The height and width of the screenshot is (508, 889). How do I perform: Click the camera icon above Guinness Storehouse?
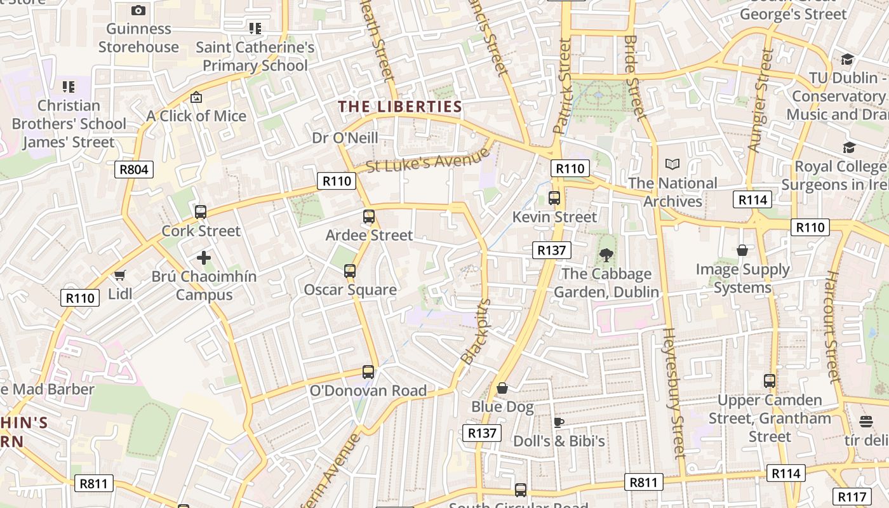tap(138, 10)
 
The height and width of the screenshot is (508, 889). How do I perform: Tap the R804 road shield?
tap(134, 169)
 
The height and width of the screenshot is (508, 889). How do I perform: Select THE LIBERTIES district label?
tap(400, 107)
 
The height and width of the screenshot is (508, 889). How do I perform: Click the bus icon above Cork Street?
tap(201, 212)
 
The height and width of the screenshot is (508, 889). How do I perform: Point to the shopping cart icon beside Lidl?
tap(119, 275)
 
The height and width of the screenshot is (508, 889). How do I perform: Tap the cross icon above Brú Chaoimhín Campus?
tap(204, 258)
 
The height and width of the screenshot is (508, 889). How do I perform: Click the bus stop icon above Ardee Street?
tap(369, 217)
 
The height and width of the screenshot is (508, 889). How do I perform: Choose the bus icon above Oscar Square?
tap(350, 271)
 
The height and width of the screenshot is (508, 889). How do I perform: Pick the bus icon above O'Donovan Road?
tap(368, 372)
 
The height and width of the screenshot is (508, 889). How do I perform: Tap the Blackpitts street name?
tap(476, 331)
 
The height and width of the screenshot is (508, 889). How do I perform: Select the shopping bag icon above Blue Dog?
tap(502, 388)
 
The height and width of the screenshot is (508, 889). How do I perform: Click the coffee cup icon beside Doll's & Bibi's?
tap(559, 422)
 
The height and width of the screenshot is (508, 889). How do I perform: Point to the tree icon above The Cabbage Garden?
tap(606, 255)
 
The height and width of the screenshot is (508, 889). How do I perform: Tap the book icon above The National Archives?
tap(672, 164)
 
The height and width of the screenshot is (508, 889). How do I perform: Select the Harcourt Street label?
tap(833, 327)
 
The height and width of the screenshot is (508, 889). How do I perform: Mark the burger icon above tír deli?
tap(866, 422)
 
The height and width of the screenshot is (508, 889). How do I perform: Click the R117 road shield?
tap(852, 497)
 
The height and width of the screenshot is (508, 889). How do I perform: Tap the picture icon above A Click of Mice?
tap(196, 98)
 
